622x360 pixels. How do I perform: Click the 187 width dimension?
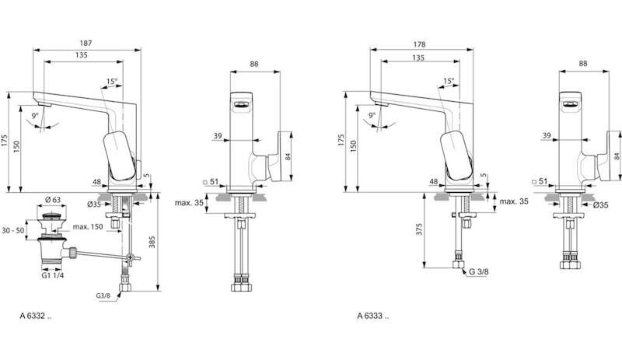(x=86, y=44)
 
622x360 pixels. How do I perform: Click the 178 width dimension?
(x=419, y=44)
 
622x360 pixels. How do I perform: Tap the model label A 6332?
(x=36, y=316)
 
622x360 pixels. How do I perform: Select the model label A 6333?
(x=373, y=316)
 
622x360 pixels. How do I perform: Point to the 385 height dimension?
(x=152, y=242)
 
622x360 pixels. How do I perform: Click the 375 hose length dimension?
(x=419, y=229)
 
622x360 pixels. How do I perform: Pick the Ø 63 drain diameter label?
(x=52, y=200)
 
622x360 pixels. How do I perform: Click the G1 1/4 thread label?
(x=52, y=275)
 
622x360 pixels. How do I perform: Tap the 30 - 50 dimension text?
(x=12, y=230)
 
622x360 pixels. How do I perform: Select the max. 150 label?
(x=88, y=226)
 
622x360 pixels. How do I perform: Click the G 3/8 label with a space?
(x=479, y=271)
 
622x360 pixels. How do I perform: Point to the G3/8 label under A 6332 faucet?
(x=103, y=295)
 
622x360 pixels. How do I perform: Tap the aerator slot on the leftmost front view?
(x=241, y=105)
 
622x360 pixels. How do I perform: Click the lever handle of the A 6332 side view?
(x=119, y=155)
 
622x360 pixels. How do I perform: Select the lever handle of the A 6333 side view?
(x=456, y=155)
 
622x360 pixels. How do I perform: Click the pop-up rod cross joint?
(x=130, y=258)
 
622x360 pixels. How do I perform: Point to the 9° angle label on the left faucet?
(x=36, y=116)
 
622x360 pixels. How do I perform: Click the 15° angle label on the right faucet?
(x=449, y=81)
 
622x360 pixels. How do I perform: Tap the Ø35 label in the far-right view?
(x=600, y=205)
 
